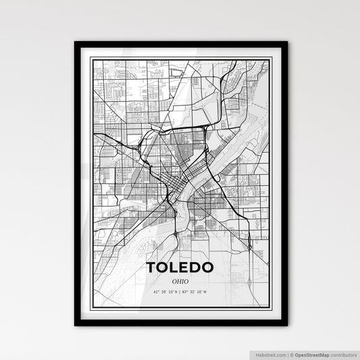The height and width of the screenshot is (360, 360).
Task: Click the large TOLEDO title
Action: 180,267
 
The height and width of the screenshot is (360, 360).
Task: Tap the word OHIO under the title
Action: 180,282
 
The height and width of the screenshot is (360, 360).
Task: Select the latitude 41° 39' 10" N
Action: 164,292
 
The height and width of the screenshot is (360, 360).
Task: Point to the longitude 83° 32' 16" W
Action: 196,292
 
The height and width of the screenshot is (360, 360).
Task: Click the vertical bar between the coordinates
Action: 180,292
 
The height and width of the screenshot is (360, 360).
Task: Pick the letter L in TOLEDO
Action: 174,267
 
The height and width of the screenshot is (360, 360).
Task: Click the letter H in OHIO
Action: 178,282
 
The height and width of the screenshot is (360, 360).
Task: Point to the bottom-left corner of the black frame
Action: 76,325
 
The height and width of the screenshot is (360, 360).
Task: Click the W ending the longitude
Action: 206,292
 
